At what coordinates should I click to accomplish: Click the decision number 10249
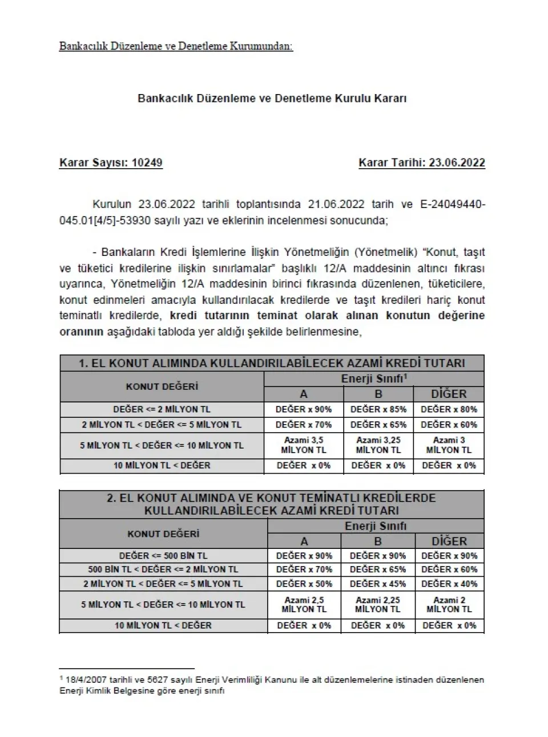(147, 163)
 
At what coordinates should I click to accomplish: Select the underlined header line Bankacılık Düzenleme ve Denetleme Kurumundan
(176, 46)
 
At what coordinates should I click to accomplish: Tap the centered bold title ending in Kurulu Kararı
(272, 98)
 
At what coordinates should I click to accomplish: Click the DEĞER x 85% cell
(378, 409)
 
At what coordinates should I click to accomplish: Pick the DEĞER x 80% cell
(449, 409)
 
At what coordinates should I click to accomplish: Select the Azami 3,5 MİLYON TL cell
(304, 445)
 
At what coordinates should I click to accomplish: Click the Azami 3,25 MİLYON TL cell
(378, 445)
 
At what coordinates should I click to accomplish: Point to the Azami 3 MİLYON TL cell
(449, 445)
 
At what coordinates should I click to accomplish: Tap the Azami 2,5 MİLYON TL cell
(304, 604)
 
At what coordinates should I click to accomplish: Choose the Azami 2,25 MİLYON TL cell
(378, 604)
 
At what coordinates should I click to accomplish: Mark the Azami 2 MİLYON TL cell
(449, 604)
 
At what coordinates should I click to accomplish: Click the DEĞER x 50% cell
(304, 584)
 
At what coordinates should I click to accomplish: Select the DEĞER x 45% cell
(378, 584)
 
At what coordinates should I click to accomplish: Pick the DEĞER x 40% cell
(449, 584)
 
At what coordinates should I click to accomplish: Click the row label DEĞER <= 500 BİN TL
(163, 556)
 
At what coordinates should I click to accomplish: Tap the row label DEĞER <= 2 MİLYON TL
(162, 409)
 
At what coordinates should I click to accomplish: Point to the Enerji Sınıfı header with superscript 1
(374, 378)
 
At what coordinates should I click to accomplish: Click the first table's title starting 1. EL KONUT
(272, 363)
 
